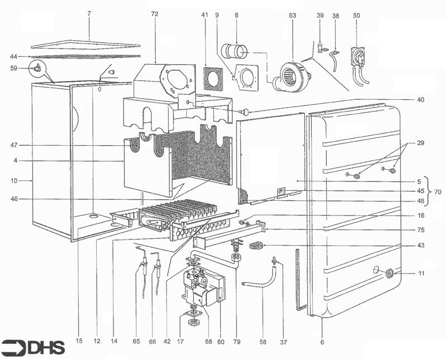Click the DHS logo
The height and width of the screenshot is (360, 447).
pyautogui.click(x=32, y=347)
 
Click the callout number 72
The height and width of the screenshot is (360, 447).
pyautogui.click(x=155, y=14)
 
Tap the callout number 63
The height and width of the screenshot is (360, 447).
pyautogui.click(x=292, y=16)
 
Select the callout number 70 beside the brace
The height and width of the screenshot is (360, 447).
pyautogui.click(x=438, y=192)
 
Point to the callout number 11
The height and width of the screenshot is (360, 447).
pyautogui.click(x=421, y=273)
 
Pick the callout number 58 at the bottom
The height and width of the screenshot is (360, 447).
pyautogui.click(x=263, y=342)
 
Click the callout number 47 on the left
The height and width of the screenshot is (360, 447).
pyautogui.click(x=14, y=146)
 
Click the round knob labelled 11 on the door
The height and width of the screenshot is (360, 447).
pyautogui.click(x=389, y=273)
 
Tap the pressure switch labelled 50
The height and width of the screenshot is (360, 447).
pyautogui.click(x=359, y=64)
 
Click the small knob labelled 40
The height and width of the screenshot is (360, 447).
pyautogui.click(x=245, y=112)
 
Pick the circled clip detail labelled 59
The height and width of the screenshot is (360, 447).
pyautogui.click(x=37, y=68)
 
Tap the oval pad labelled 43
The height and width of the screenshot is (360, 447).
pyautogui.click(x=256, y=245)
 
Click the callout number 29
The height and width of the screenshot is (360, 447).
pyautogui.click(x=421, y=143)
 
